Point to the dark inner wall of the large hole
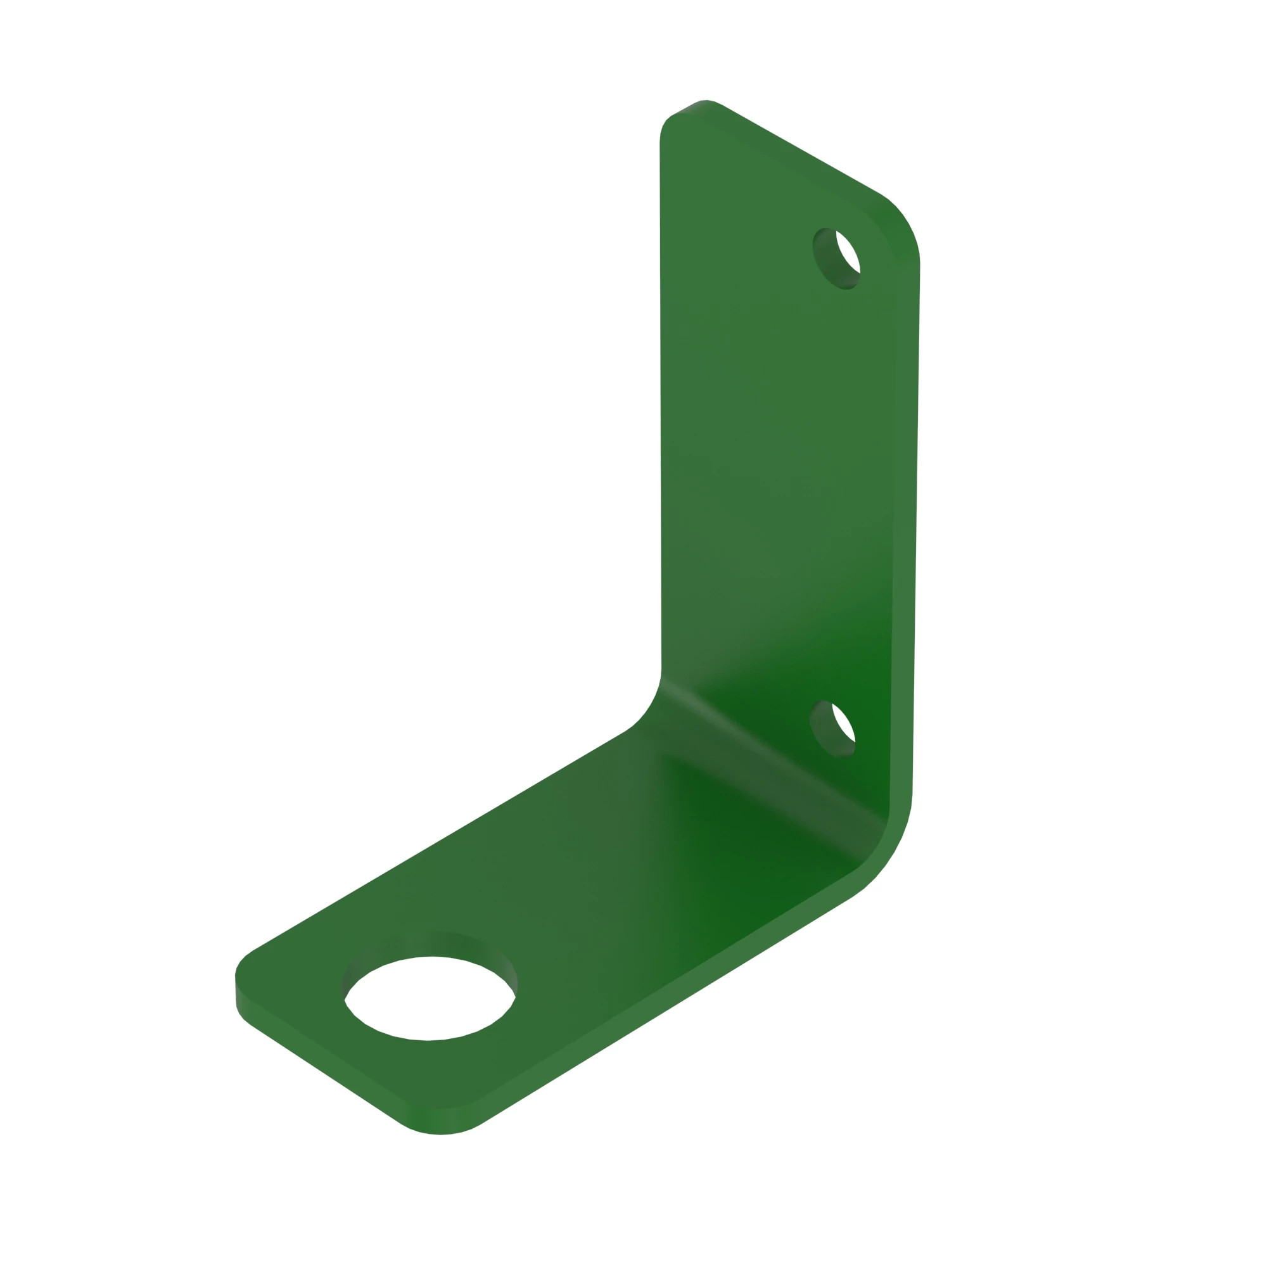pos(430,945)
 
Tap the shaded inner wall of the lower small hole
pos(824,731)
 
